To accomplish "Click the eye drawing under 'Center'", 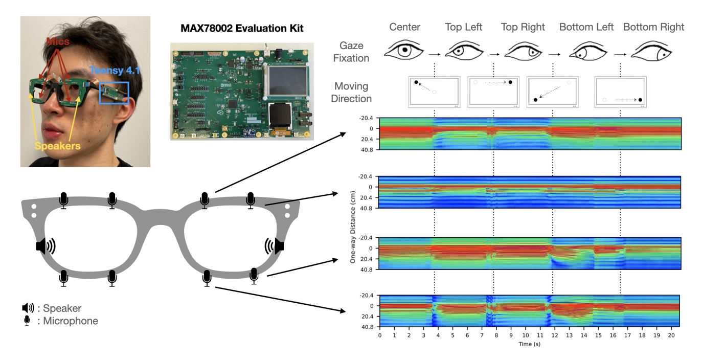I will (x=404, y=51).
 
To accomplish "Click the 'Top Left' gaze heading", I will (x=463, y=27).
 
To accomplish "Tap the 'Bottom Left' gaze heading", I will (x=586, y=27).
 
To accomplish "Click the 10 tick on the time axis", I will (x=525, y=335).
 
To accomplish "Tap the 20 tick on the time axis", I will (x=671, y=335).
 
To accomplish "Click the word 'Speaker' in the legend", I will (x=62, y=308).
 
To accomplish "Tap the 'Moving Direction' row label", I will (x=351, y=92).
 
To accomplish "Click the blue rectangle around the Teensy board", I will (x=114, y=93).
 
